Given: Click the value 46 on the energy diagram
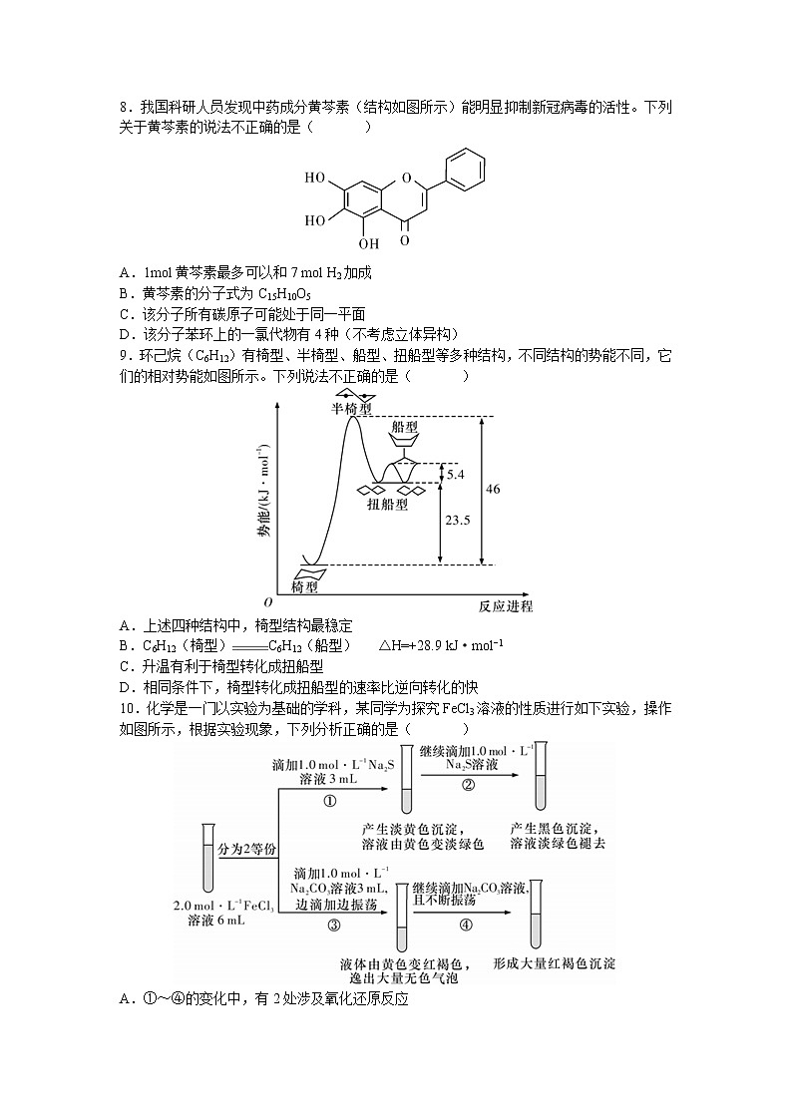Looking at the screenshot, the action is coord(493,489).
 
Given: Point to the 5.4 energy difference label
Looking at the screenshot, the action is coord(455,475).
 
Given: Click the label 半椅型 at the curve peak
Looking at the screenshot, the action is coord(352,409).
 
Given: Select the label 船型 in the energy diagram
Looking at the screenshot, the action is coord(404,427).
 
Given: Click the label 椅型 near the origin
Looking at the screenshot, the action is coord(304,588).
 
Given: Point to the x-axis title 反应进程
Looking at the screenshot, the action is coord(506,606).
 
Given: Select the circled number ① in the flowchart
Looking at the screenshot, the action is coord(330,800).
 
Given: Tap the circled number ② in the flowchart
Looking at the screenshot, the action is coord(468,785).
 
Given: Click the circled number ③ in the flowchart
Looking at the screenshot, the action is coord(333,925).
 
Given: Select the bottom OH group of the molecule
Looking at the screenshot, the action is coord(369,242).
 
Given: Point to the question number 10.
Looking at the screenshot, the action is coord(127,708).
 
